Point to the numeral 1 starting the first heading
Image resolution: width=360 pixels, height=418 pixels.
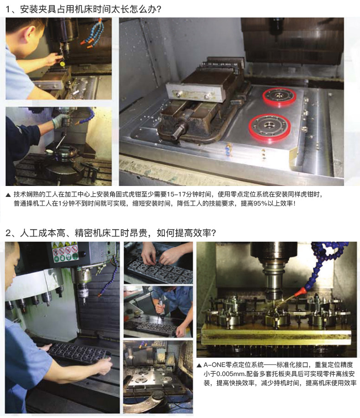8,10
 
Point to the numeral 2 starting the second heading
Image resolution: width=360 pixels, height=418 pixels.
8,233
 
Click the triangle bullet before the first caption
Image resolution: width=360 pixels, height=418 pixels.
8,195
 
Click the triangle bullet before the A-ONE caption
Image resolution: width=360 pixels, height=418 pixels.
199,365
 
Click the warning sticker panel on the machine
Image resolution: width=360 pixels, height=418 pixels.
64,252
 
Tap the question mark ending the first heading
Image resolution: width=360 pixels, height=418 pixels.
159,10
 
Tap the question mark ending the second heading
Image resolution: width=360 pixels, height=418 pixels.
213,233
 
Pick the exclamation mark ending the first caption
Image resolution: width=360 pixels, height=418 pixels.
294,203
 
